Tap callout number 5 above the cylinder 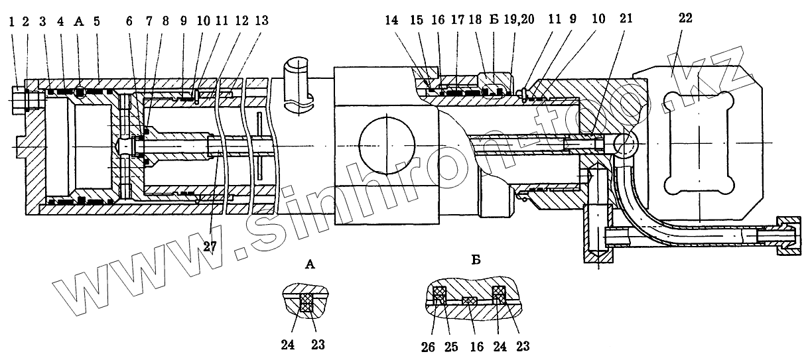97,21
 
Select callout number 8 166,21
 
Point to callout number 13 262,21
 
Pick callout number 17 458,21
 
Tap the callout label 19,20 521,21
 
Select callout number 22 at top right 685,18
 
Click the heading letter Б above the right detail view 476,259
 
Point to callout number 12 242,21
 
